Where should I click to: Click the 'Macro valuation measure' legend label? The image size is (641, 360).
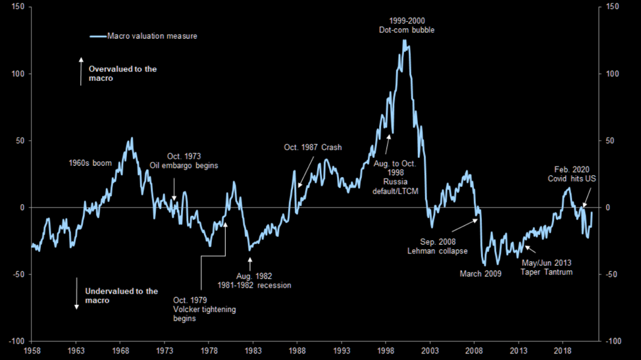(x=152, y=36)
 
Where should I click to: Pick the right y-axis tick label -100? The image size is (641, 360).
(x=613, y=341)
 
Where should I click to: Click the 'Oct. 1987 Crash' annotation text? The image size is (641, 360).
(x=313, y=147)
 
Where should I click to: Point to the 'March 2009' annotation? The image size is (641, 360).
(x=480, y=273)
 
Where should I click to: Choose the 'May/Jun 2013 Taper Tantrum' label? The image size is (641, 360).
(x=546, y=267)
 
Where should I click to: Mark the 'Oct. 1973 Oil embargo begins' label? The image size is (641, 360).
(x=184, y=161)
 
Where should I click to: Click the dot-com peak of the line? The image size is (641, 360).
(x=404, y=41)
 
